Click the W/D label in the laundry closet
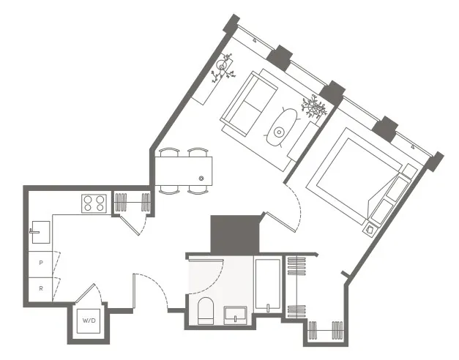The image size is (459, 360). tap(89, 320)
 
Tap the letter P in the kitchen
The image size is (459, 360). tap(40, 261)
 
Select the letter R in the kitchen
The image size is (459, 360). tap(40, 288)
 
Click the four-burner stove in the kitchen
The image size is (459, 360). tap(94, 202)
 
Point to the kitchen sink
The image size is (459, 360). tap(38, 232)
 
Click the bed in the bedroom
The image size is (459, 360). tap(359, 176)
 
